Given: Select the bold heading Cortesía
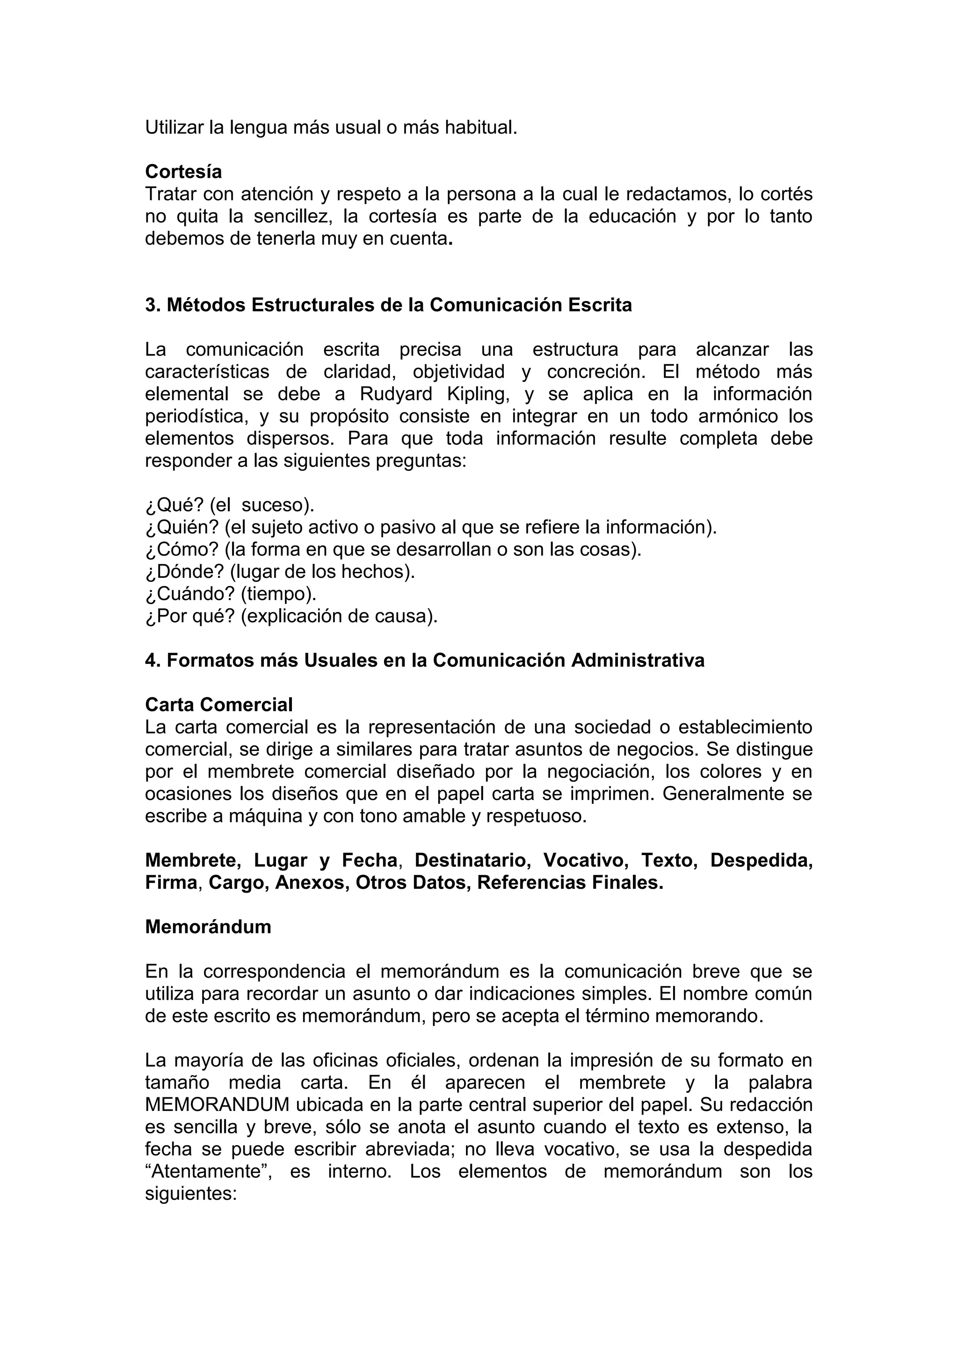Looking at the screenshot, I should tap(183, 172).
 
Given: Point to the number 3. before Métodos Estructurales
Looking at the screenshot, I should tap(153, 305).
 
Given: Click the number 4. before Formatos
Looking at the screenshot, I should tap(153, 660).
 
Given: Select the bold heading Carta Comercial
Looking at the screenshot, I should tap(219, 705).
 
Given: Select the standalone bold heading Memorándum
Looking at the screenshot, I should tap(208, 927).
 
